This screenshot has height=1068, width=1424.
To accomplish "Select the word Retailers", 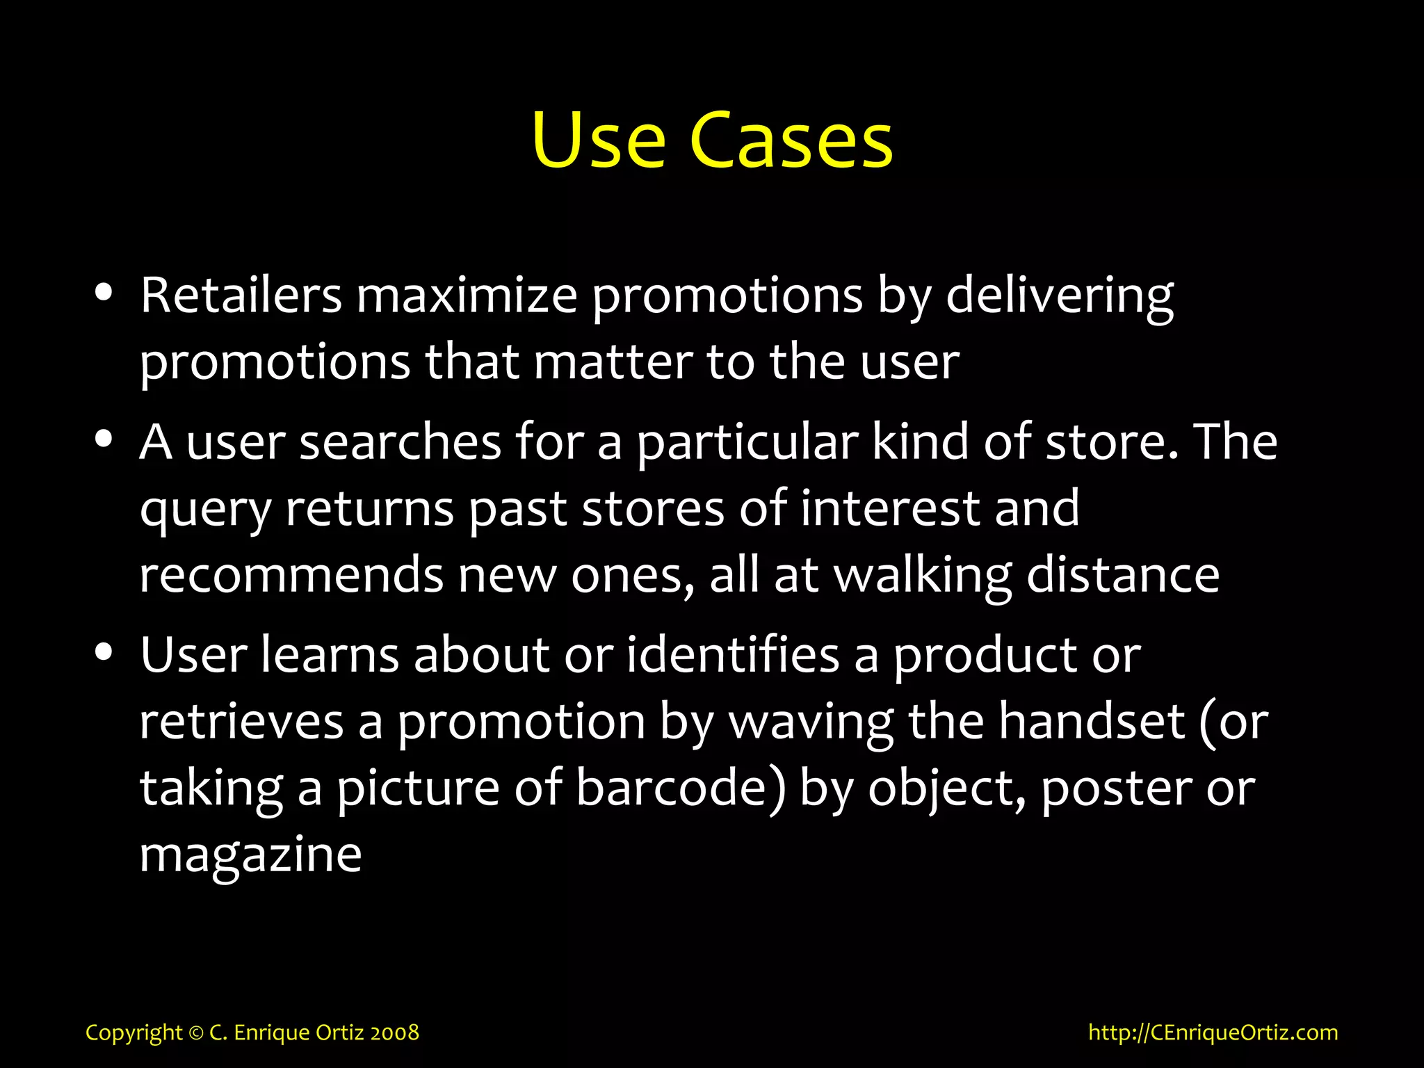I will click(241, 296).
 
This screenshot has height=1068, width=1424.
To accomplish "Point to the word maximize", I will click(467, 296).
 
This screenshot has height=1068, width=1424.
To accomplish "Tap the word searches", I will click(400, 442).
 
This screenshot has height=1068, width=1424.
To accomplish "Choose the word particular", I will click(747, 444).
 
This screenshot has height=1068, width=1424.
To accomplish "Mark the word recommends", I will click(291, 576).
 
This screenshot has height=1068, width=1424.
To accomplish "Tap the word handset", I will click(1092, 722).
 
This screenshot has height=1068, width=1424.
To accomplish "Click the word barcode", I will click(681, 788).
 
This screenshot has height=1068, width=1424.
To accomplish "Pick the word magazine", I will click(250, 855).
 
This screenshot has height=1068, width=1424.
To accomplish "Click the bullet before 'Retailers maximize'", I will click(104, 293).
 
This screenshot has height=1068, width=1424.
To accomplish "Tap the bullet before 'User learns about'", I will click(104, 652).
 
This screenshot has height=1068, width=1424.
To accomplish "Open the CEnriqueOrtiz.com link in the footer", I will click(1213, 1033).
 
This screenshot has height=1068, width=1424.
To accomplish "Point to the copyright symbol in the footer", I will click(195, 1033).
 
